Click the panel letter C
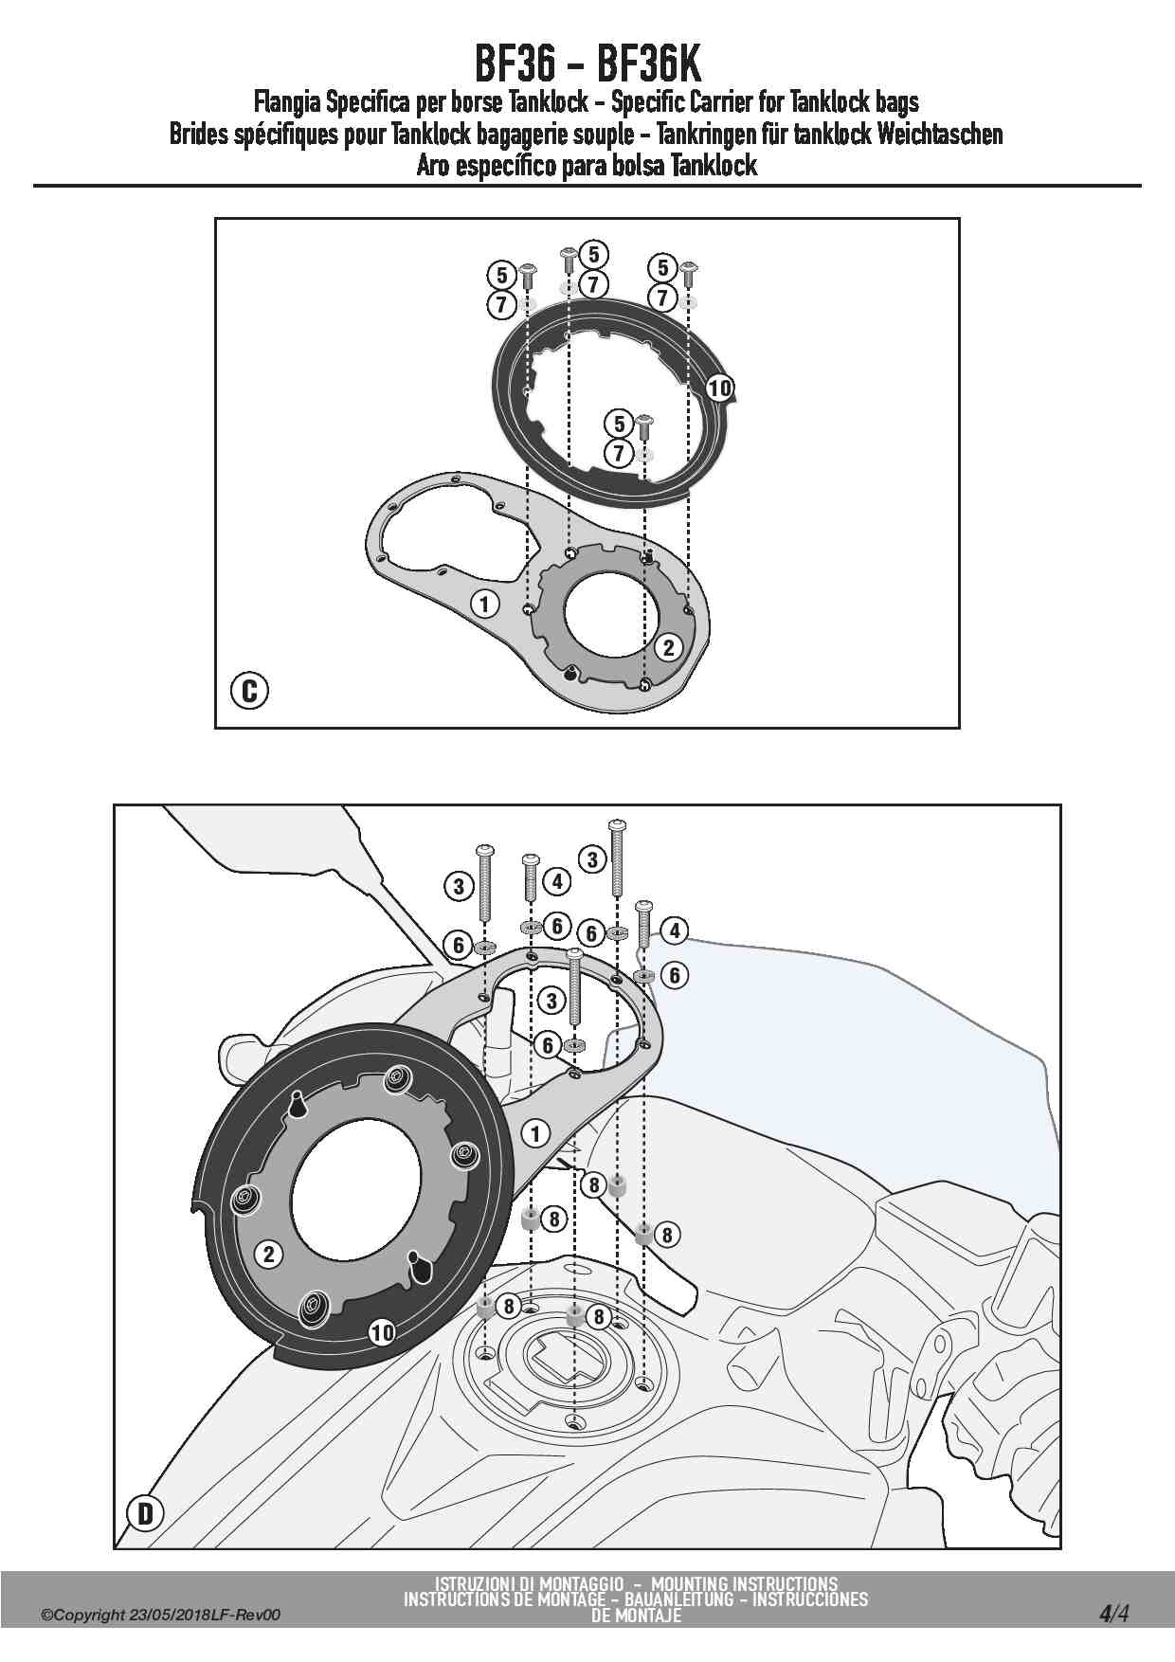pos(249,691)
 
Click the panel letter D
pos(145,1513)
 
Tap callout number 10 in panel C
pos(719,387)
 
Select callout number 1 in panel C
pos(484,603)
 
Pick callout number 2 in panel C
pos(669,647)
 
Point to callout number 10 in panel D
pos(382,1332)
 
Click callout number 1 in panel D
pos(535,1132)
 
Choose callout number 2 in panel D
pos(269,1254)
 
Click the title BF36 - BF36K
pos(587,65)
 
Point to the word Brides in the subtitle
pos(201,135)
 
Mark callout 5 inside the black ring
pos(620,423)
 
